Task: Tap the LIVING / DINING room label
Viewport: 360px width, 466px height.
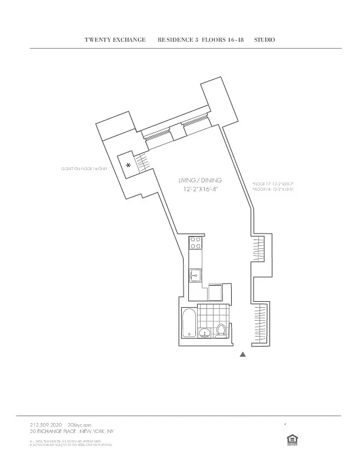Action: point(200,180)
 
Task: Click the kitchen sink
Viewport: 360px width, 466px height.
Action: point(195,275)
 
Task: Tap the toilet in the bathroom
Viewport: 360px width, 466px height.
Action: point(221,331)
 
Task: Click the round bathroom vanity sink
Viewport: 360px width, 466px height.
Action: point(205,333)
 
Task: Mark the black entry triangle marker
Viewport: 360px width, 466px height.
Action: point(242,355)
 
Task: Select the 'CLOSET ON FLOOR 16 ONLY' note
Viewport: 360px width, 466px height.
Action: point(85,169)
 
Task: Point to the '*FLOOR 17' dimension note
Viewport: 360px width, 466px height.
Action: point(272,184)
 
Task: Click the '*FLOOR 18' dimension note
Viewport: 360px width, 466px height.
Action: point(272,189)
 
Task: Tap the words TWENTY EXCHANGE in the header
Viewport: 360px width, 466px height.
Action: point(115,39)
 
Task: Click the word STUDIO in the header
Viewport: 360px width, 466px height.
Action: point(265,39)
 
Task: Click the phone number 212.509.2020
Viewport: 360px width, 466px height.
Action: point(46,424)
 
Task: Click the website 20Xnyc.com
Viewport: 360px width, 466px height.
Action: point(79,424)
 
